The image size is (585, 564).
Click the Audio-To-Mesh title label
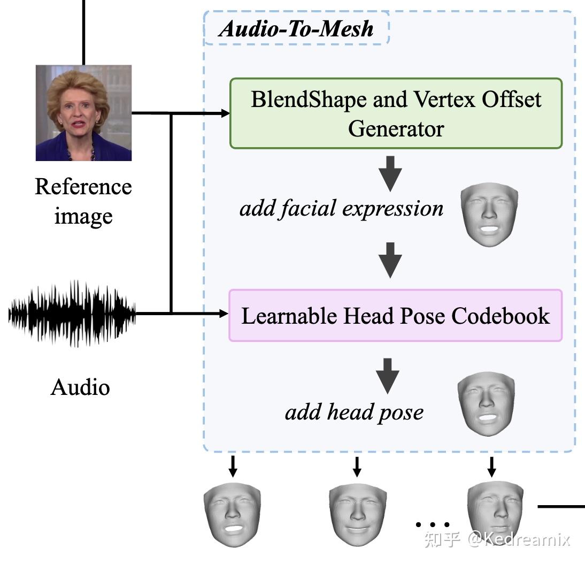click(x=296, y=28)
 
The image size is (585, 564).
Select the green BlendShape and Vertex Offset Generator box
click(x=396, y=113)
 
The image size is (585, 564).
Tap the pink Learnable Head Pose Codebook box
click(x=396, y=316)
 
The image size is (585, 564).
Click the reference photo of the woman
click(x=83, y=113)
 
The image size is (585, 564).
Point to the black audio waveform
click(x=72, y=314)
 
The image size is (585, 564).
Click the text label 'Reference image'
click(x=83, y=201)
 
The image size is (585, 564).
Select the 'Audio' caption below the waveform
click(x=80, y=387)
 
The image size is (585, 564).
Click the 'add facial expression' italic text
click(x=341, y=208)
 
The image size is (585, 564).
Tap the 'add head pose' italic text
click(x=354, y=412)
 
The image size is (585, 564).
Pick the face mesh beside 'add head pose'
click(x=487, y=405)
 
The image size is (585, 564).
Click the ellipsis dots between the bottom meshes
click(x=433, y=524)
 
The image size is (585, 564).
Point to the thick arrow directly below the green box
click(x=390, y=173)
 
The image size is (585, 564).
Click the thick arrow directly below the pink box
click(x=388, y=375)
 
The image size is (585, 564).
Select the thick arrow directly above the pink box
click(x=390, y=260)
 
